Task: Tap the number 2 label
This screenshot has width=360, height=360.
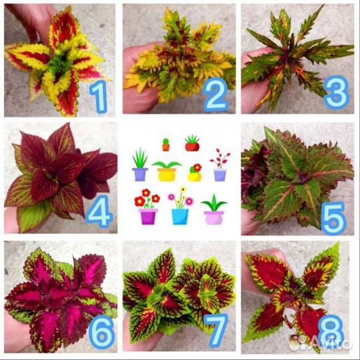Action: [216, 95]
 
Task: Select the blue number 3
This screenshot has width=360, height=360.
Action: [337, 92]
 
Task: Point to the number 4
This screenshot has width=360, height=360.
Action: [99, 211]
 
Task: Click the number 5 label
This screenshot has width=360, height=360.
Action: [334, 218]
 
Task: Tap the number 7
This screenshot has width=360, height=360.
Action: [216, 331]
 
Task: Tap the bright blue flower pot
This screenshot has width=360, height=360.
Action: [180, 217]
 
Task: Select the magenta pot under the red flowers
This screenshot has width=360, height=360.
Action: [148, 217]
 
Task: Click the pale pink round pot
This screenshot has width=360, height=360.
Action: [214, 217]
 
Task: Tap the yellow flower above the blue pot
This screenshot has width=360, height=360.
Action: [183, 189]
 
